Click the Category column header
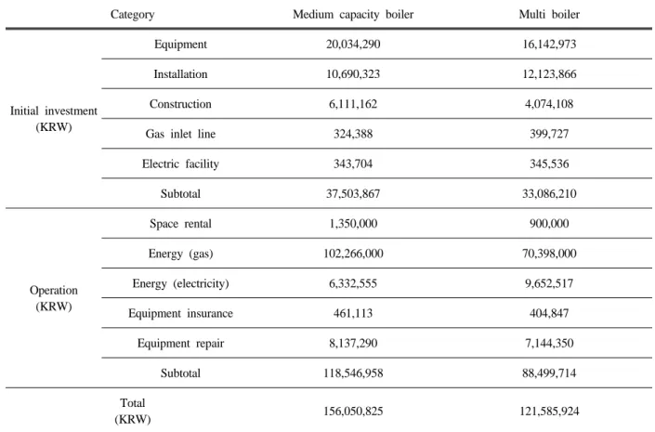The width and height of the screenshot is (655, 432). coord(133,15)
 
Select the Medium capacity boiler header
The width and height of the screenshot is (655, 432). coord(353,15)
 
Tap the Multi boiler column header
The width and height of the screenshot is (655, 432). coord(549,15)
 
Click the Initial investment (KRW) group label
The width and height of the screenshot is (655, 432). coord(54,119)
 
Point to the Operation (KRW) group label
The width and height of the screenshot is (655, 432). coord(54,298)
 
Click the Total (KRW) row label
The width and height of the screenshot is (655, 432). coord(133,412)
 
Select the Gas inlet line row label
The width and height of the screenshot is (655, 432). coord(180,134)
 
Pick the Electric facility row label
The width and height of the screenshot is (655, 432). coord(180,164)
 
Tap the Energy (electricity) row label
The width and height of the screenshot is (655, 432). coord(180,283)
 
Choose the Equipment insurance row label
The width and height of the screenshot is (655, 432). coord(180,313)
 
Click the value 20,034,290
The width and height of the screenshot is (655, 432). coord(353,45)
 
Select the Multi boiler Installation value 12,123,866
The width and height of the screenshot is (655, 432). coord(549,74)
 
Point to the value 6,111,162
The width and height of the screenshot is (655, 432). coord(353,104)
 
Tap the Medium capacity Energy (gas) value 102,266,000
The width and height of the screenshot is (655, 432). coord(353,254)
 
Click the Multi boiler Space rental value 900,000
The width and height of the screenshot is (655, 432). coord(549,224)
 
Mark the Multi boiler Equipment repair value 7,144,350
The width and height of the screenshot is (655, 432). coord(549,344)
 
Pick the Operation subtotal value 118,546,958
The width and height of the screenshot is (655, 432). coord(353,373)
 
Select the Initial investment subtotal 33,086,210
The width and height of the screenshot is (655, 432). coord(549,194)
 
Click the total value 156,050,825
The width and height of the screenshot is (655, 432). coord(353,412)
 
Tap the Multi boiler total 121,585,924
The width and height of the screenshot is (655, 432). coord(549,412)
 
